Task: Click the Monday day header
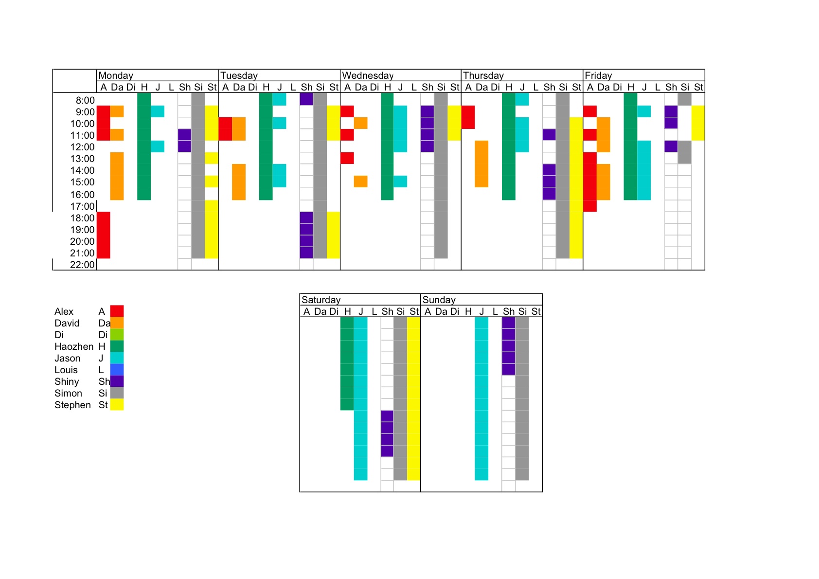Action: [116, 76]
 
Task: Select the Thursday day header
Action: [483, 76]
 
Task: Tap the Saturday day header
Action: [321, 300]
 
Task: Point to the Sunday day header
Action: [439, 300]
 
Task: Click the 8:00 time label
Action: [85, 100]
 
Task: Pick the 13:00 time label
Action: [83, 159]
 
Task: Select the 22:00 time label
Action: [83, 265]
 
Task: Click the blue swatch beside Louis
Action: [117, 370]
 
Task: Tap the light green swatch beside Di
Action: [117, 335]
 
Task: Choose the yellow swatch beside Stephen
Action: [117, 404]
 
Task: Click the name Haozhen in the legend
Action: [74, 346]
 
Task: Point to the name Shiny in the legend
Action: [67, 381]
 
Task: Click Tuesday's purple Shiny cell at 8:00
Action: [306, 99]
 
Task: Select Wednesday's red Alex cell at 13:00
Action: [347, 158]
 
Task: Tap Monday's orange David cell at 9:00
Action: [117, 111]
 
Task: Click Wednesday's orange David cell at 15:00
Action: [360, 181]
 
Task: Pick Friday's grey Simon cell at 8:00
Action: [684, 99]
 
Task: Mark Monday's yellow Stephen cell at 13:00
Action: [212, 158]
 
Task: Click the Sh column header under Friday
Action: [671, 87]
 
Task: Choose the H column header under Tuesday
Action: [266, 87]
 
